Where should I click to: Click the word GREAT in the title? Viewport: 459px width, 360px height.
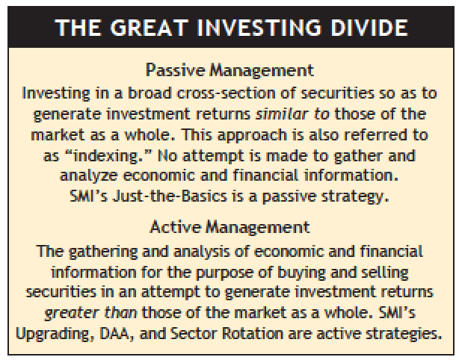149,28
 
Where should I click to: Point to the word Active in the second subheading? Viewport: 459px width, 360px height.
176,227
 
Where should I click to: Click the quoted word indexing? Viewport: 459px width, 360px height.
106,155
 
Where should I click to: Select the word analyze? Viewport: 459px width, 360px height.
88,176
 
